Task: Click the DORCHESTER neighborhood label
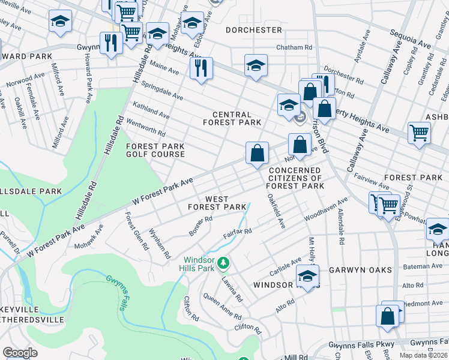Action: (253, 30)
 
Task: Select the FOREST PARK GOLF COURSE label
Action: (155, 150)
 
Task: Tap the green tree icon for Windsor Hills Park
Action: (223, 263)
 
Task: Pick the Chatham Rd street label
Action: (294, 47)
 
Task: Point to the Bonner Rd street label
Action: (200, 224)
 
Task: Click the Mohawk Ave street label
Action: (89, 236)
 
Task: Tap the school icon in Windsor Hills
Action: (308, 278)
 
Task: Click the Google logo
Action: (20, 353)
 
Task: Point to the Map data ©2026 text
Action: (422, 355)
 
